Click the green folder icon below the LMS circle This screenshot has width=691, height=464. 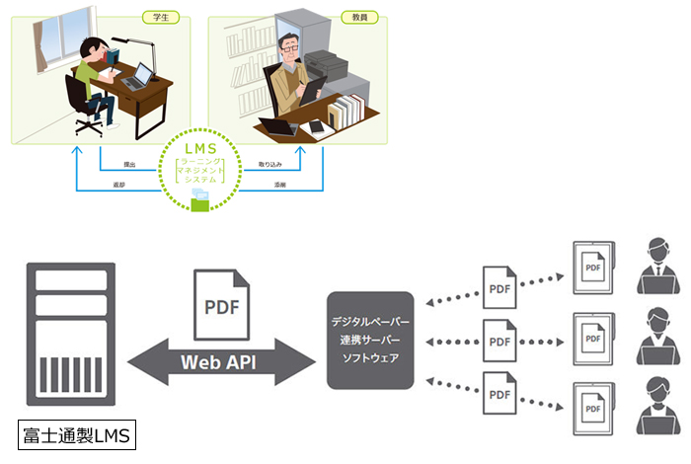pos(203,200)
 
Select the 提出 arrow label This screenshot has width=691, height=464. pos(129,163)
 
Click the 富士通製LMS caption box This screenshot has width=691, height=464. pos(78,434)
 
